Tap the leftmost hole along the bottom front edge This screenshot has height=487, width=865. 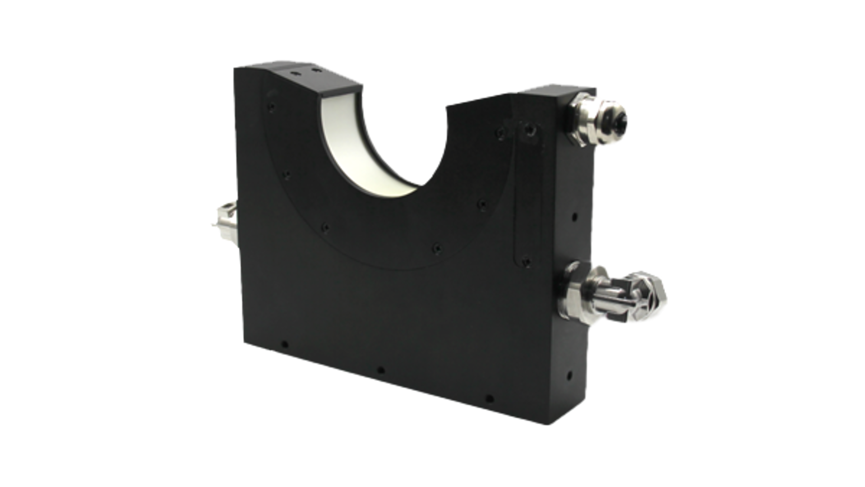pos(284,345)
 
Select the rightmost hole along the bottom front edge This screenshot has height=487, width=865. pos(489,398)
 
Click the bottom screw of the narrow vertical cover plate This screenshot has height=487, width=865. pos(525,261)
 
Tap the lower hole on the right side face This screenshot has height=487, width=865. pos(569,374)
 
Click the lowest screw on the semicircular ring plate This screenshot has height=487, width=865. pos(436,248)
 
